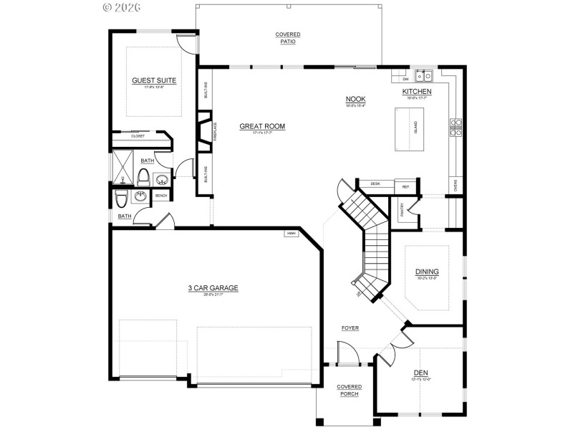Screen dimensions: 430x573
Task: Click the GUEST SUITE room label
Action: tap(154, 80)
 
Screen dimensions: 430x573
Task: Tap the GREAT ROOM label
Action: tap(262, 126)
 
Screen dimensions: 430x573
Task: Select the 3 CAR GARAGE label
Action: tap(213, 288)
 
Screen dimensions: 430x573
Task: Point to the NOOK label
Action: tap(356, 99)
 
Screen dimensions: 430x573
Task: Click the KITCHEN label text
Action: tap(416, 92)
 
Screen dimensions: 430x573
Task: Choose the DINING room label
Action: tap(427, 272)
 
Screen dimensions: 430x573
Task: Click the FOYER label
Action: tap(350, 328)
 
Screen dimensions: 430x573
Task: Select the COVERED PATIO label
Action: tap(288, 38)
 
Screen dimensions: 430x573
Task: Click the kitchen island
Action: tap(410, 129)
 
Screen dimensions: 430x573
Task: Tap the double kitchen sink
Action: tap(425, 74)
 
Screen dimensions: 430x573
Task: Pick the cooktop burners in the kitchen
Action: tap(455, 127)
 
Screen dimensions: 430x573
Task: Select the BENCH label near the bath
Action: tap(161, 196)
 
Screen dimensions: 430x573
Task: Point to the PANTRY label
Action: tap(403, 209)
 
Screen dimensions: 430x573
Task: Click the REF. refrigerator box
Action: tap(405, 186)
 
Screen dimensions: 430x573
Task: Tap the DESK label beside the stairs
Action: tap(375, 184)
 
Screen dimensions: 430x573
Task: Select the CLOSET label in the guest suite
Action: tap(138, 136)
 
